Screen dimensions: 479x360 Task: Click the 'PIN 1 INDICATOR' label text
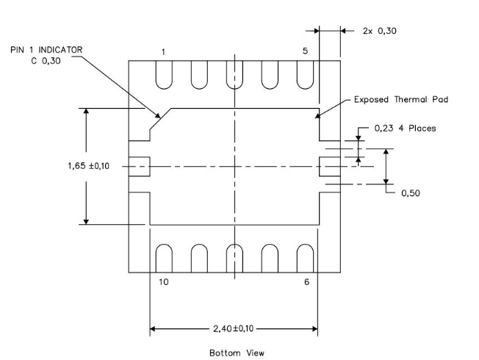pyautogui.click(x=46, y=50)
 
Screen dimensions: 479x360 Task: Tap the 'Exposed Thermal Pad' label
pyautogui.click(x=401, y=100)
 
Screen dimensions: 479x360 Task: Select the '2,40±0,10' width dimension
pyautogui.click(x=234, y=328)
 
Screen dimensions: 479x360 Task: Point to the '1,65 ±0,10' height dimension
pyautogui.click(x=89, y=166)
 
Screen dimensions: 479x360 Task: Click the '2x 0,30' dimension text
pyautogui.click(x=379, y=31)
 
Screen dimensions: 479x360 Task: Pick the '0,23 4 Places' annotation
pyautogui.click(x=405, y=128)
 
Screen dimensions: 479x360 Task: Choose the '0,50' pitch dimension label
pyautogui.click(x=411, y=193)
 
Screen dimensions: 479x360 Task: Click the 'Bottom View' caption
pyautogui.click(x=237, y=353)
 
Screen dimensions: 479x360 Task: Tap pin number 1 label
pyautogui.click(x=163, y=52)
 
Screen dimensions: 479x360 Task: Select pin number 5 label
pyautogui.click(x=305, y=51)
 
